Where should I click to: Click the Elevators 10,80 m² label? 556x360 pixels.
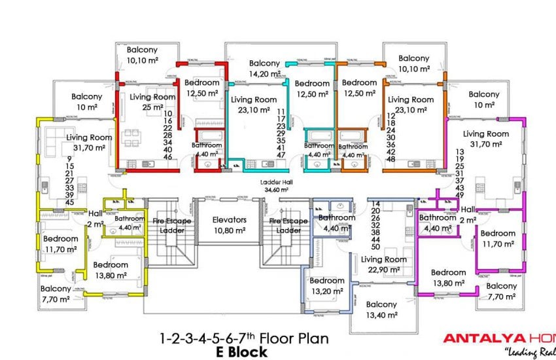pos(229,225)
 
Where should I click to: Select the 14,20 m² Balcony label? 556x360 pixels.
pos(264,69)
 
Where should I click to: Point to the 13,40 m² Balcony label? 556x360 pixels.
pos(381,310)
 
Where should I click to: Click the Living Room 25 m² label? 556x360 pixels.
pos(152,102)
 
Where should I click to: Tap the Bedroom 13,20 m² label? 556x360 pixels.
pos(328,285)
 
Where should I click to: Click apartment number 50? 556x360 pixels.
pos(375,246)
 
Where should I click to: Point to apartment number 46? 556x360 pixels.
pos(167,157)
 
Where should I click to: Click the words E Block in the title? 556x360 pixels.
pos(242,351)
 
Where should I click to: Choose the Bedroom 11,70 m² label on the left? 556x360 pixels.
pos(60,243)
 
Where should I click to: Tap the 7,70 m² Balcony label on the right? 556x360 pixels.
pos(502,291)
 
